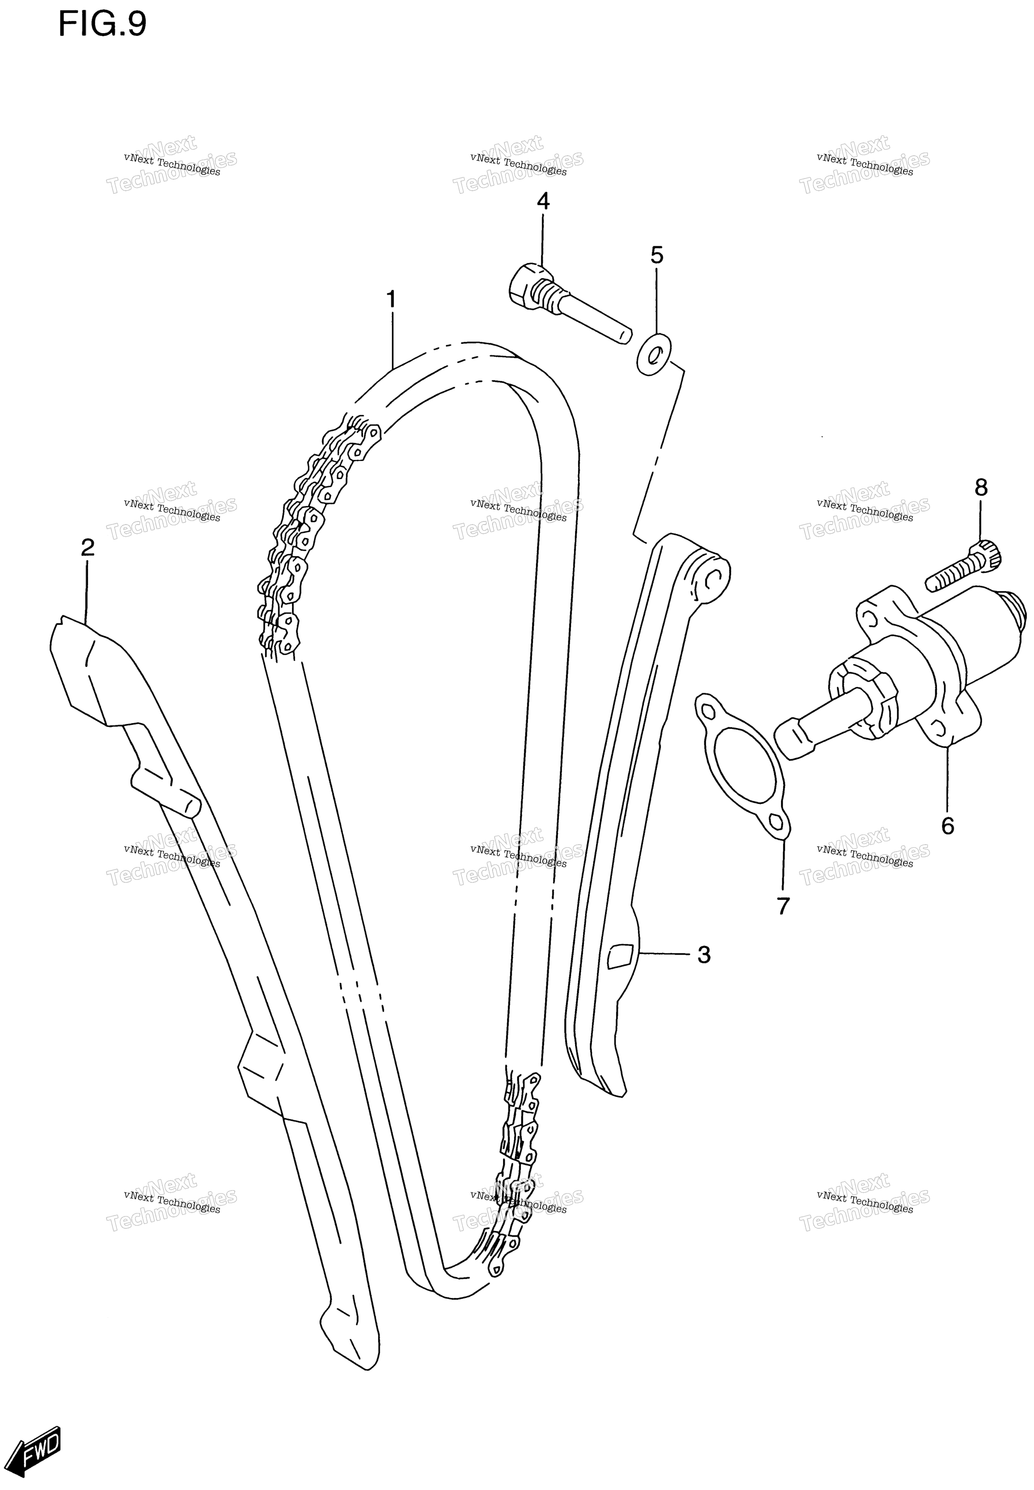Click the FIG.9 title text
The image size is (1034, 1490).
coord(102,25)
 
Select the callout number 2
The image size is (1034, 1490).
coord(88,547)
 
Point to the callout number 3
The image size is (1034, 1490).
coord(703,954)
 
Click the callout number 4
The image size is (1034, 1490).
coord(543,202)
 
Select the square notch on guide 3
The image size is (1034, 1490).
coord(620,955)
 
